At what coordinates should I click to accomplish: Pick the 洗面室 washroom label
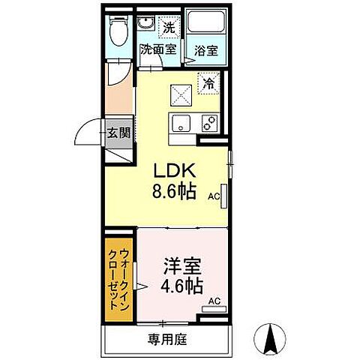point(158,50)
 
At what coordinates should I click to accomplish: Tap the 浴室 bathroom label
point(206,52)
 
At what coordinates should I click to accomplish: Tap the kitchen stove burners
point(208,123)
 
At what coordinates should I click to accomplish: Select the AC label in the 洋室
point(214,301)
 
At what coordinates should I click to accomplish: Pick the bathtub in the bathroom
point(206,25)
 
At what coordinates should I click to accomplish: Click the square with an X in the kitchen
point(179,94)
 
